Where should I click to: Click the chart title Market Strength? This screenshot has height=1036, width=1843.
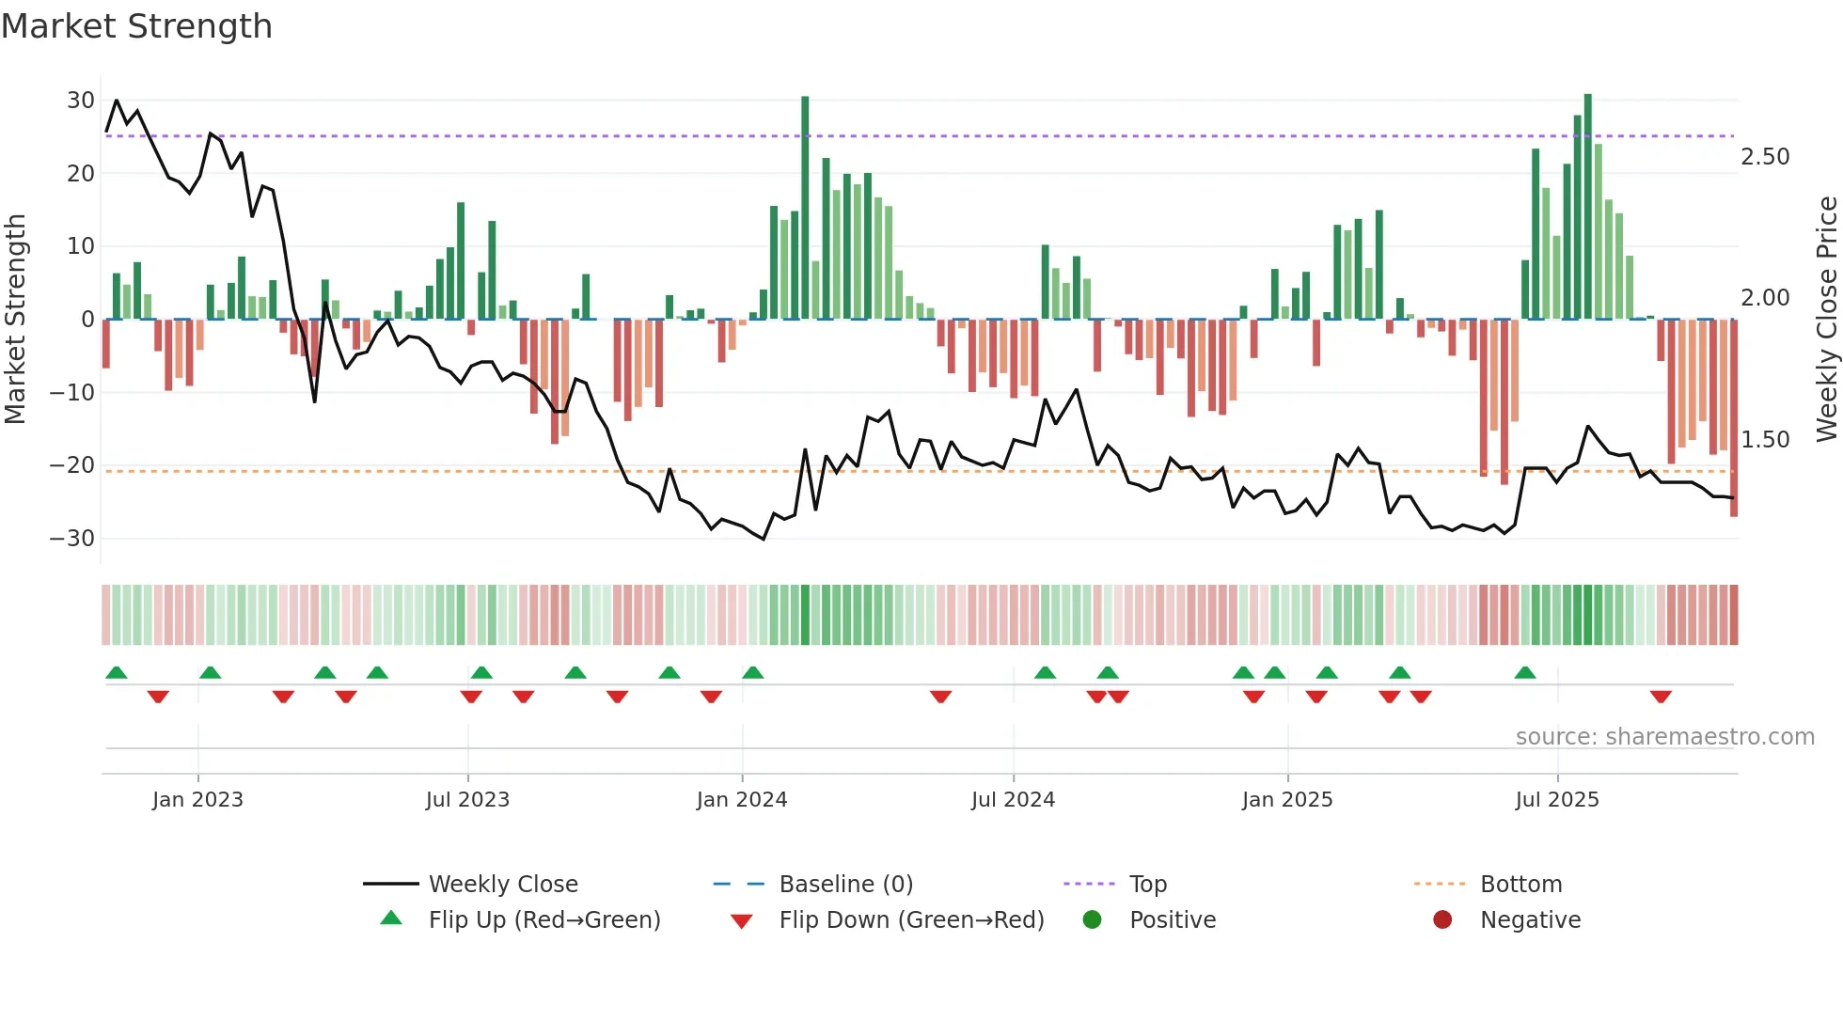pyautogui.click(x=136, y=26)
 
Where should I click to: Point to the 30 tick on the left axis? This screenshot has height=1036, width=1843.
pyautogui.click(x=80, y=101)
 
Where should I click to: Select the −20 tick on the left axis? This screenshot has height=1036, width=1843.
pyautogui.click(x=72, y=465)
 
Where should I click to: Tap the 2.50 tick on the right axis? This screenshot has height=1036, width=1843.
pyautogui.click(x=1765, y=157)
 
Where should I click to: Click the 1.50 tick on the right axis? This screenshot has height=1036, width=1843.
pyautogui.click(x=1765, y=440)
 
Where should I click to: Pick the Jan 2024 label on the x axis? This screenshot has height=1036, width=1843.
pyautogui.click(x=742, y=800)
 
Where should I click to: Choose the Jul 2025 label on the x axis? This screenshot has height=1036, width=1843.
pyautogui.click(x=1557, y=800)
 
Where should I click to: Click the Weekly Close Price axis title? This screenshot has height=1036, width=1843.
pyautogui.click(x=1826, y=320)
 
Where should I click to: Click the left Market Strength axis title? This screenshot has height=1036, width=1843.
pyautogui.click(x=16, y=320)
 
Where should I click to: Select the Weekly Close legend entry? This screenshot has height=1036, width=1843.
pyautogui.click(x=502, y=885)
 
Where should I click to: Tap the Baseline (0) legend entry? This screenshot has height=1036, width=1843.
pyautogui.click(x=845, y=885)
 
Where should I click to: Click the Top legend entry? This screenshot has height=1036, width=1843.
pyautogui.click(x=1147, y=885)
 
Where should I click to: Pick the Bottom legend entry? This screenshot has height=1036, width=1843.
pyautogui.click(x=1520, y=885)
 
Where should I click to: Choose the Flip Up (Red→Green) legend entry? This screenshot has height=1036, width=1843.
pyautogui.click(x=543, y=920)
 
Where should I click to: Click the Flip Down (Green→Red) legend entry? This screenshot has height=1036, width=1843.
pyautogui.click(x=910, y=920)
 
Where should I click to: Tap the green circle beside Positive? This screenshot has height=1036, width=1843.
pyautogui.click(x=1092, y=919)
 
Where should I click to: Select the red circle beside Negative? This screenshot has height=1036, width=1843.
pyautogui.click(x=1442, y=919)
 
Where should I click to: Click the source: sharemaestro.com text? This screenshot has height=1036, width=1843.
pyautogui.click(x=1664, y=737)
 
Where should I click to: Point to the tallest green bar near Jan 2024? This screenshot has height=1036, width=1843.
pyautogui.click(x=805, y=207)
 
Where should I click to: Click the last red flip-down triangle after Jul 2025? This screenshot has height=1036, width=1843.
pyautogui.click(x=1661, y=697)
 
